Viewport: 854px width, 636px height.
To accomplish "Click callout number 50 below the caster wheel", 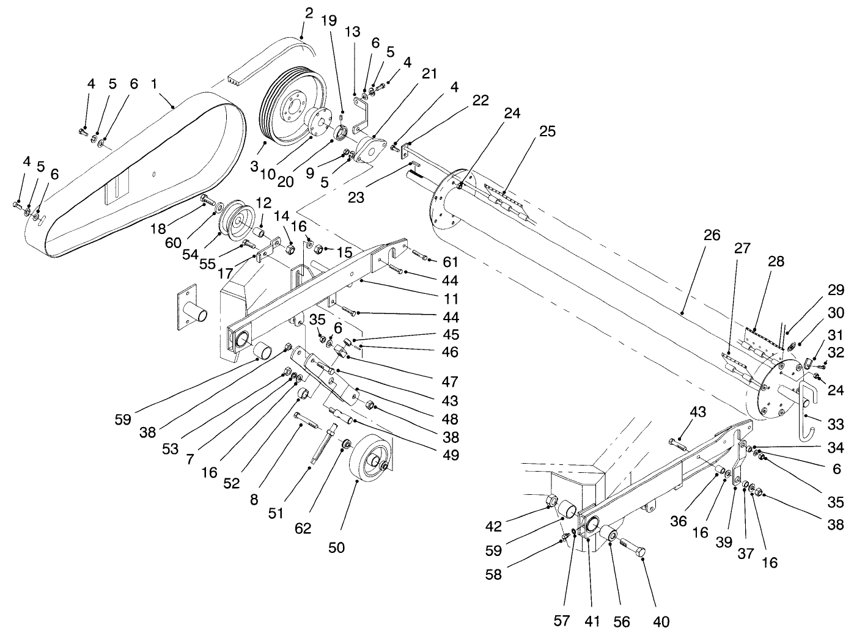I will coord(336,547).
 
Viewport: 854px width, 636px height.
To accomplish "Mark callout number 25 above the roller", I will coord(547,132).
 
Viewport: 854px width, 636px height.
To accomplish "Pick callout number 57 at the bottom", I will coord(562,621).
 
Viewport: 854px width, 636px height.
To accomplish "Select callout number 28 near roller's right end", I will coord(775,261).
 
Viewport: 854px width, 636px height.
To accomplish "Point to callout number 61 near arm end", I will coord(451,262).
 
